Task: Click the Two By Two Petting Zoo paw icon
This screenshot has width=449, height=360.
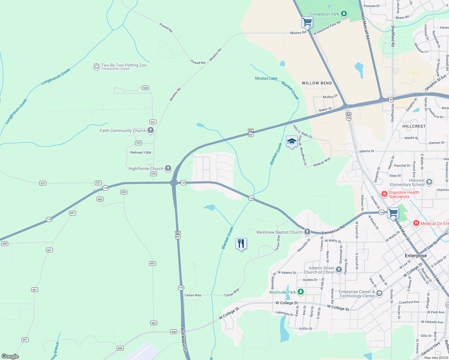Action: pyautogui.click(x=96, y=66)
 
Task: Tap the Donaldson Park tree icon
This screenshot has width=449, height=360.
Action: pyautogui.click(x=344, y=13)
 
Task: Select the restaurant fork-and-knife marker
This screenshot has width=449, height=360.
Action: pyautogui.click(x=241, y=244)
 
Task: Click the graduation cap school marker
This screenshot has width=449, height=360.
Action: pyautogui.click(x=292, y=141)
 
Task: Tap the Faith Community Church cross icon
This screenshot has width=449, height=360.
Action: pyautogui.click(x=151, y=130)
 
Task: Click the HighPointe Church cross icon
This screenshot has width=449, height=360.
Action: pyautogui.click(x=168, y=168)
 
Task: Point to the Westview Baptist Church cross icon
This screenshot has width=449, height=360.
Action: pyautogui.click(x=307, y=232)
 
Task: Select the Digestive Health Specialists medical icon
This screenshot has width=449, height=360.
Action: pyautogui.click(x=384, y=194)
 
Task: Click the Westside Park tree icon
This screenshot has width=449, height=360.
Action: pyautogui.click(x=301, y=292)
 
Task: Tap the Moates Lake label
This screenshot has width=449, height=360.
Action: pyautogui.click(x=266, y=78)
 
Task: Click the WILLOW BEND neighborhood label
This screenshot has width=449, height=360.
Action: pyautogui.click(x=317, y=83)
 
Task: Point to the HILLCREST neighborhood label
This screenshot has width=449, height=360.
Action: pyautogui.click(x=414, y=126)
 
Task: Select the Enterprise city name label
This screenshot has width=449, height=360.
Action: pyautogui.click(x=416, y=256)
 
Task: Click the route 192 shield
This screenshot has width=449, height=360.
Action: pyautogui.click(x=181, y=288)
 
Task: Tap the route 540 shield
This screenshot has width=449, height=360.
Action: pyautogui.click(x=146, y=88)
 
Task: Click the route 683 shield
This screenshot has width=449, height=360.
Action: pyautogui.click(x=100, y=199)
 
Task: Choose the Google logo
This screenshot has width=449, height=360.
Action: pyautogui.click(x=10, y=356)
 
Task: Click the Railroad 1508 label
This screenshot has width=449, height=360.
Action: pyautogui.click(x=140, y=152)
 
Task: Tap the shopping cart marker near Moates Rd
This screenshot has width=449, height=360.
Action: pyautogui.click(x=307, y=22)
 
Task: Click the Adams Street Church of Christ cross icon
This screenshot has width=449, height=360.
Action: pyautogui.click(x=339, y=269)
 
